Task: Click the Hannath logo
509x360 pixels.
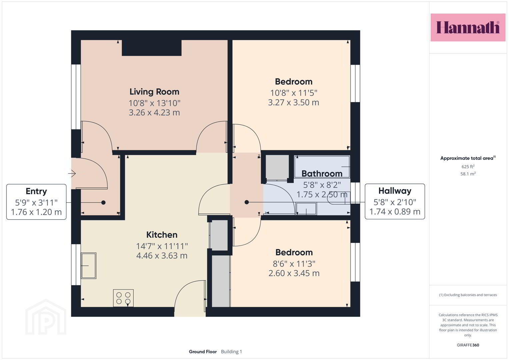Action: (468, 27)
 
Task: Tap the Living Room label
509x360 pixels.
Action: (154, 92)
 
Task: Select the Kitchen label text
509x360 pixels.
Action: (162, 235)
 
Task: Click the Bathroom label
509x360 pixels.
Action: (322, 174)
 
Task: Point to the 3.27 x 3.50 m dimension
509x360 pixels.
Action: (294, 103)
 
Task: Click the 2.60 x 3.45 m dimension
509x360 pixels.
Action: (294, 273)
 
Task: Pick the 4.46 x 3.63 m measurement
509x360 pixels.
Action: (162, 256)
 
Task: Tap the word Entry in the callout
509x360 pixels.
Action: (36, 191)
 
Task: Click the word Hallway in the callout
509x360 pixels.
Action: (395, 191)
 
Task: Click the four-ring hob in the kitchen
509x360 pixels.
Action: (123, 298)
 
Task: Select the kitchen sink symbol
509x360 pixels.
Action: (89, 266)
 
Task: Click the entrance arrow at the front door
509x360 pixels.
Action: (72, 173)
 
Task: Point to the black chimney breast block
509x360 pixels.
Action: (152, 48)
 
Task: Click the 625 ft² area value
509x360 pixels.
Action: (468, 167)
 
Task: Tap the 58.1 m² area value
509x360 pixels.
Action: (468, 174)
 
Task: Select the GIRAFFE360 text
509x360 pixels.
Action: (468, 345)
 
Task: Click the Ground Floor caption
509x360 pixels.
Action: (203, 352)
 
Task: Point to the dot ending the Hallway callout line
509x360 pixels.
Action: (247, 202)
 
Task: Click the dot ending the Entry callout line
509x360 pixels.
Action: (103, 203)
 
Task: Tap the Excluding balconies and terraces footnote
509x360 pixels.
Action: (468, 295)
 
